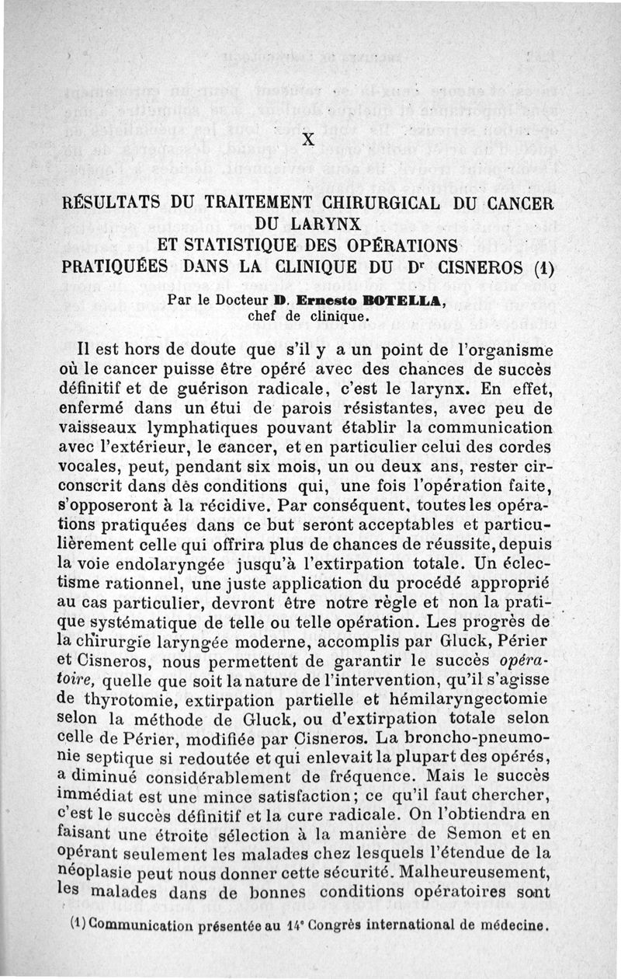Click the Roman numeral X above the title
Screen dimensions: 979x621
(308, 141)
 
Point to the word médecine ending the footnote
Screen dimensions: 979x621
(513, 925)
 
